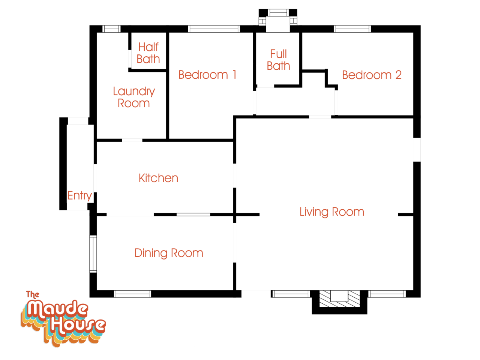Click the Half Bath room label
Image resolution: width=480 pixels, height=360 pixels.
[x=148, y=53]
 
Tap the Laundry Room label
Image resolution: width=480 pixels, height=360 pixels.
[x=134, y=97]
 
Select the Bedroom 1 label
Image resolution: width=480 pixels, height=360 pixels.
[x=207, y=75]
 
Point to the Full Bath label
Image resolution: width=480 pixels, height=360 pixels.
[x=279, y=60]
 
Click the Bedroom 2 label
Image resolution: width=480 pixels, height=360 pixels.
[x=372, y=75]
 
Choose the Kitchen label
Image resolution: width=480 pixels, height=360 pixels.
[x=158, y=178]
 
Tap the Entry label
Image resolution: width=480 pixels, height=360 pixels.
[x=79, y=195]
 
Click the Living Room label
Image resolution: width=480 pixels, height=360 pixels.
[x=332, y=212]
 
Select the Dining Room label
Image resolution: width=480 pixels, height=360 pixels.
[x=169, y=253]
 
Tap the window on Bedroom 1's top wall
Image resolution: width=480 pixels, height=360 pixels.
[x=214, y=29]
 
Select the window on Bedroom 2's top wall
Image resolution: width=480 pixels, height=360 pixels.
[x=352, y=29]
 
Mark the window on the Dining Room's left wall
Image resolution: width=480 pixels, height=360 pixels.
[x=93, y=254]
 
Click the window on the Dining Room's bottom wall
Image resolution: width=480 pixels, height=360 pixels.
[x=132, y=294]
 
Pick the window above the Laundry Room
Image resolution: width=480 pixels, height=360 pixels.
[x=111, y=29]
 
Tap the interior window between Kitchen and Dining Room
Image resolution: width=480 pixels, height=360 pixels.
[x=193, y=214]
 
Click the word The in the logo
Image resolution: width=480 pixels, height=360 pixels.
[x=33, y=295]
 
